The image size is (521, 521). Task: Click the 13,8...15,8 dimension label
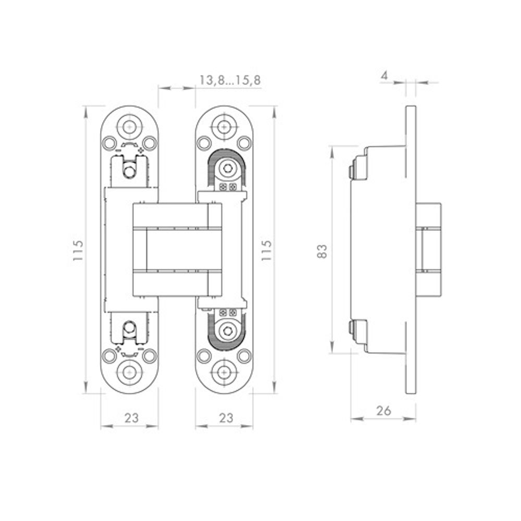(x=230, y=80)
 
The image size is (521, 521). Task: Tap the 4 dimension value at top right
(x=384, y=76)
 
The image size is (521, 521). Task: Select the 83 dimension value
(x=322, y=251)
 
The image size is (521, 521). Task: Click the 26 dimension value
(x=384, y=411)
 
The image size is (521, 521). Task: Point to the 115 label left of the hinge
(x=78, y=250)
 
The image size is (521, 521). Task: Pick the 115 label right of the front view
(x=266, y=250)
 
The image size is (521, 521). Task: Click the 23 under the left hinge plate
(x=131, y=418)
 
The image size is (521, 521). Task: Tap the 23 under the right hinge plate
(x=226, y=418)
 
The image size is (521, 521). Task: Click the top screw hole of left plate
(x=129, y=127)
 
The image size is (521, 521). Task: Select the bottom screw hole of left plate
(x=129, y=373)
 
